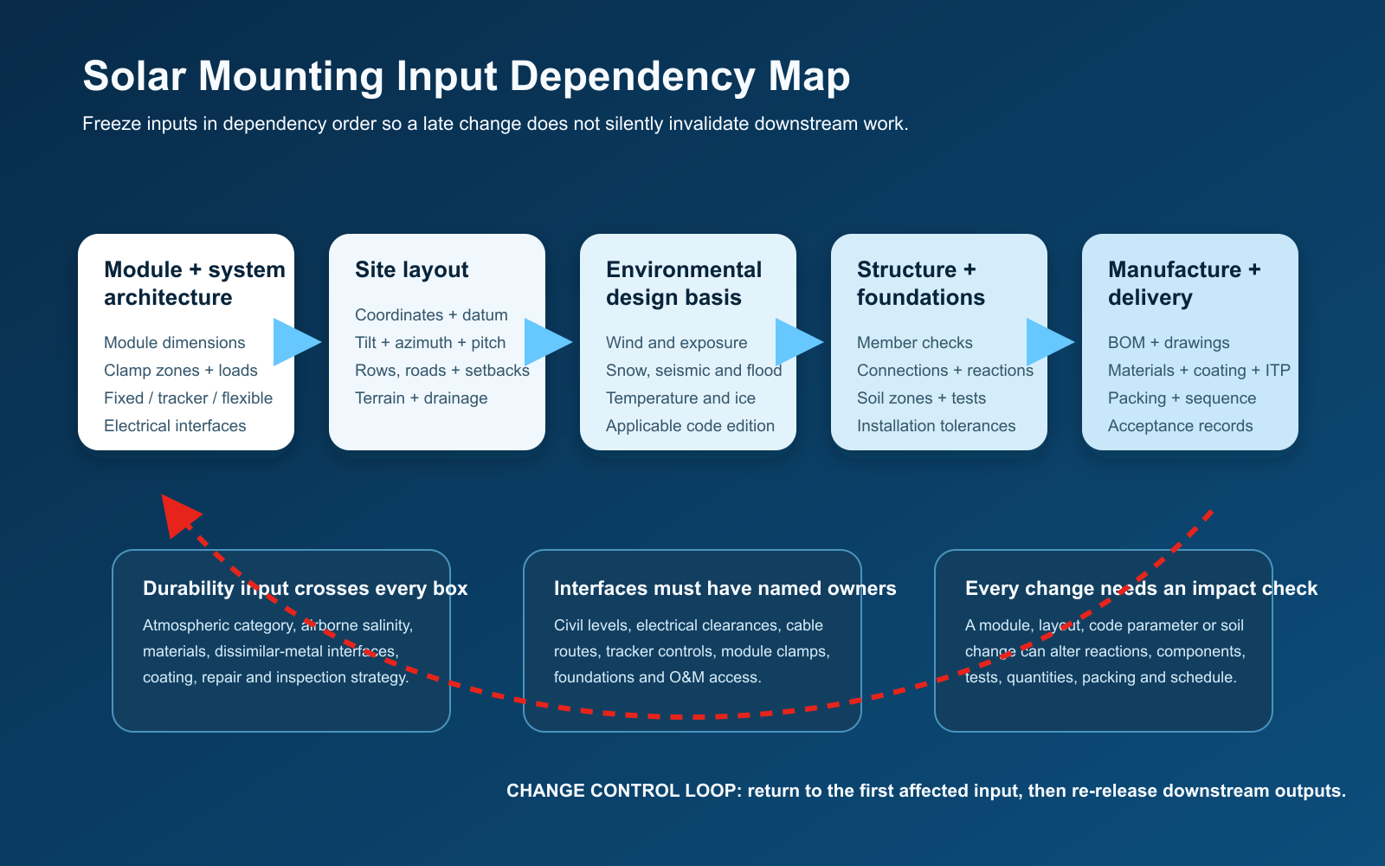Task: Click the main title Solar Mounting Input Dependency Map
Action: coord(467,76)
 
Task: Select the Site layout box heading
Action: coord(412,269)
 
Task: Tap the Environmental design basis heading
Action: coord(684,283)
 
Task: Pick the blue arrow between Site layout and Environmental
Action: coord(548,342)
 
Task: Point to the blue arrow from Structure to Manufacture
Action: coord(1050,342)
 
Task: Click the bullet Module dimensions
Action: coord(174,343)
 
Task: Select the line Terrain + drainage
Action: coord(421,398)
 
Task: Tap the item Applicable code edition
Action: coord(690,426)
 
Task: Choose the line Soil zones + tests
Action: coord(921,398)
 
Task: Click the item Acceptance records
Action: coord(1181,426)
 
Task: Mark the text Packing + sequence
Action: coord(1182,398)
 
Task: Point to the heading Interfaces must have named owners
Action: coord(725,588)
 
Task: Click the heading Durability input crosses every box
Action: coord(306,588)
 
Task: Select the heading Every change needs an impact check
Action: coord(1142,588)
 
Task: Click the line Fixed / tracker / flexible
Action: coord(188,398)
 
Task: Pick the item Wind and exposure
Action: coord(676,343)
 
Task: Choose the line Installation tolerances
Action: coord(936,426)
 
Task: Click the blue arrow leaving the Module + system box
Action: coord(297,342)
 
